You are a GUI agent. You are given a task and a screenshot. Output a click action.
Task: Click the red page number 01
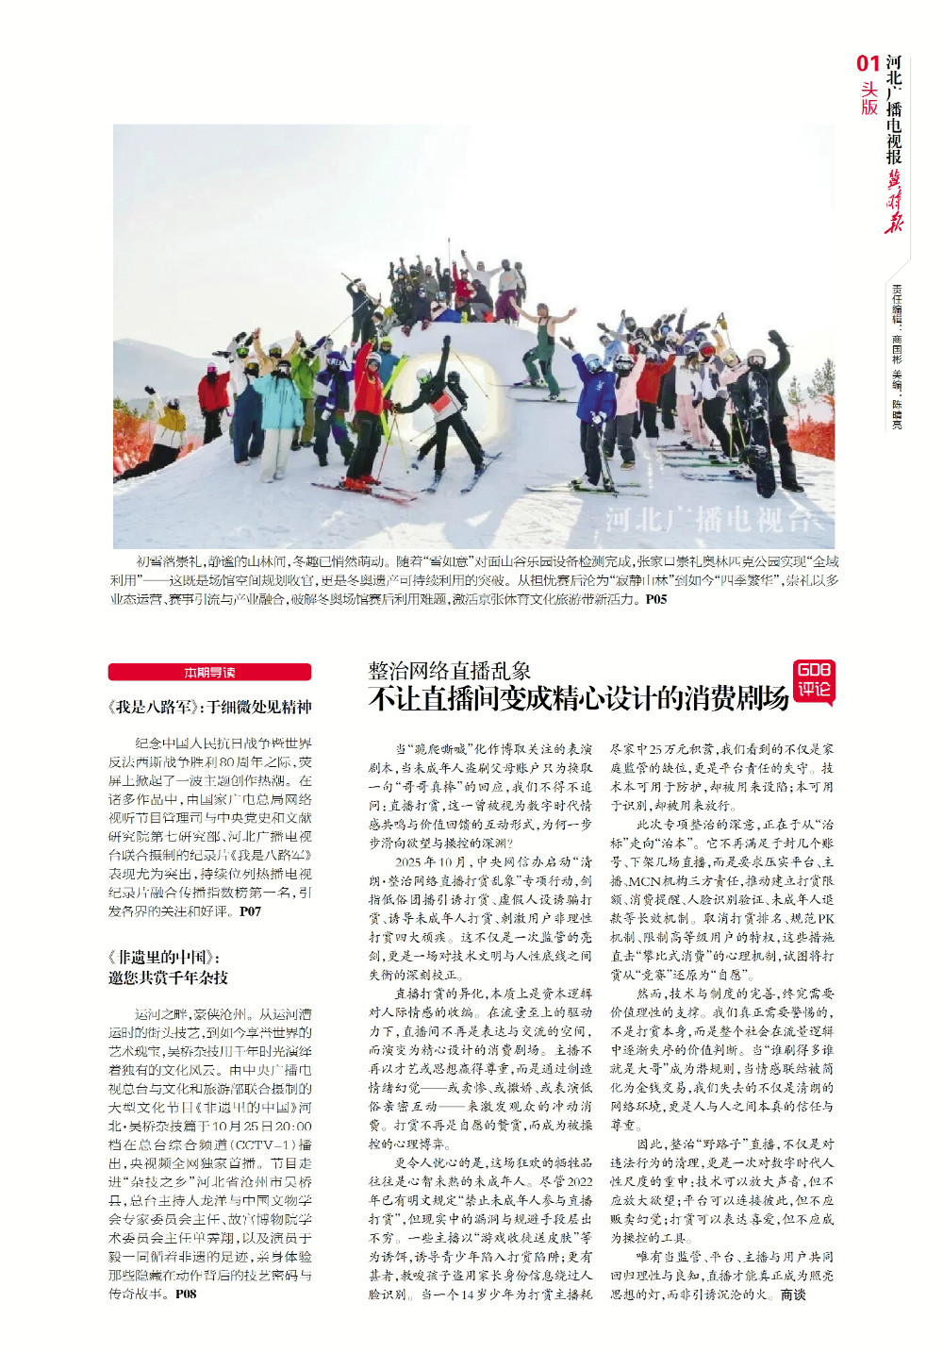(868, 63)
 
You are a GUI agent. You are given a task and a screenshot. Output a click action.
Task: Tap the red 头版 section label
(869, 98)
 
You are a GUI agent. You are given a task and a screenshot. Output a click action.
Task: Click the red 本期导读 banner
(209, 672)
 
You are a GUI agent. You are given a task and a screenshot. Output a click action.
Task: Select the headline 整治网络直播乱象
(449, 671)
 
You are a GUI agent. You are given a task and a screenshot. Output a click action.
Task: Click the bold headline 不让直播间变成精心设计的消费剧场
(578, 698)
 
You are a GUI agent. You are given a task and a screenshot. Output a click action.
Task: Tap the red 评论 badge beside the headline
(814, 682)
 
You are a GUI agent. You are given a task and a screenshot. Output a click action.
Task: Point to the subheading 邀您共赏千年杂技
(168, 977)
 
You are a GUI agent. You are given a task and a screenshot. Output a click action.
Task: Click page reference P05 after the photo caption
(656, 599)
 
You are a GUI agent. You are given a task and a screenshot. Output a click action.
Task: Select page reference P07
(250, 911)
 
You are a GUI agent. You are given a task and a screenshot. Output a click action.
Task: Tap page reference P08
(186, 1294)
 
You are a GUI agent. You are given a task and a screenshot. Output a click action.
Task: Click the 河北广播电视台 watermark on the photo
(707, 519)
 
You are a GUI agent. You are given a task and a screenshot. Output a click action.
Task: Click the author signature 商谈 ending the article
(793, 1295)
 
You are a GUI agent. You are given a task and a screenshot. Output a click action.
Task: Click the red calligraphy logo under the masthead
(893, 200)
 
